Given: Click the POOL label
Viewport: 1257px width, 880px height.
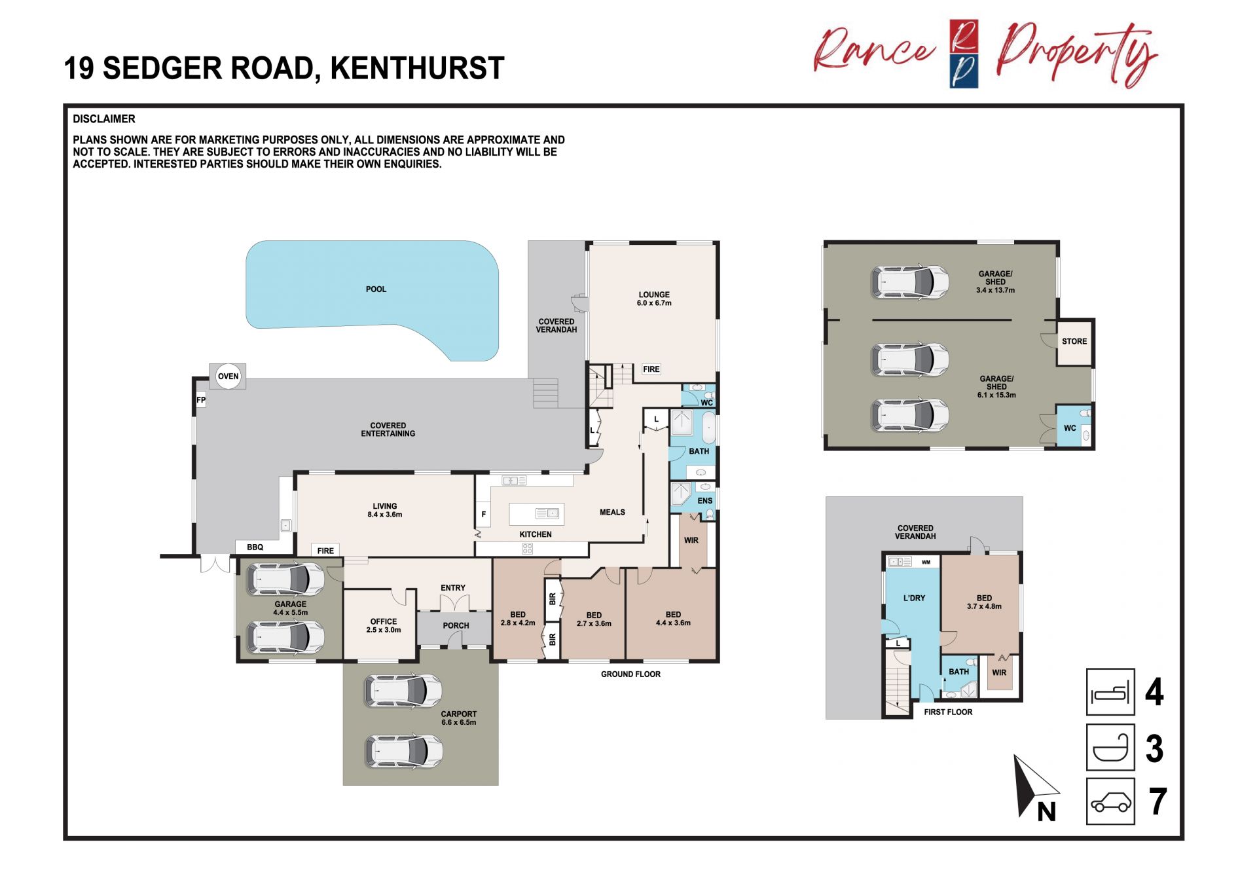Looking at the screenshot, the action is click(x=376, y=289).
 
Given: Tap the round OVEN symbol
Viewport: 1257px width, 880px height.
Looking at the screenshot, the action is click(x=228, y=376).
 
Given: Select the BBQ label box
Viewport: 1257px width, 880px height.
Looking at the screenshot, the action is click(x=255, y=547).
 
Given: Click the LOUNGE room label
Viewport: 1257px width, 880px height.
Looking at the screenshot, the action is click(x=654, y=299).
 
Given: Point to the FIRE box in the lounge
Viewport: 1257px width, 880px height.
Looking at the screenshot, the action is click(x=651, y=369).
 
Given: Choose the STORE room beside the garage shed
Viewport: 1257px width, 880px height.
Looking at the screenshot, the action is click(x=1074, y=342).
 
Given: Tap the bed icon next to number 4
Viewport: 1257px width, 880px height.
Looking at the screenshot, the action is click(x=1110, y=692).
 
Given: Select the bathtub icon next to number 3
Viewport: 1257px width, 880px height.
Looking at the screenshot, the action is click(x=1110, y=747).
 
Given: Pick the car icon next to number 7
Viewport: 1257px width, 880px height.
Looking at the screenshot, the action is click(x=1110, y=801).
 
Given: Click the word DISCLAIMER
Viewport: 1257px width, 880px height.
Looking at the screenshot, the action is click(x=104, y=119).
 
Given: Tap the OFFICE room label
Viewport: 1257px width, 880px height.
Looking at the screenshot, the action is click(x=384, y=626).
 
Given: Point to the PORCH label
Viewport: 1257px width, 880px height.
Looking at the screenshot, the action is click(x=456, y=626).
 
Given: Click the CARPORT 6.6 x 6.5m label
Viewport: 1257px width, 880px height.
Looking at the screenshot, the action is click(x=459, y=718).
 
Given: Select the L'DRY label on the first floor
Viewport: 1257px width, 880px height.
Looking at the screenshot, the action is click(x=914, y=598).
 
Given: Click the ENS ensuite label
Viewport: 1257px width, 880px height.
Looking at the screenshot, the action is click(x=705, y=501).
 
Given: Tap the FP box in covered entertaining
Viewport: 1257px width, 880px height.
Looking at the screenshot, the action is click(x=201, y=400).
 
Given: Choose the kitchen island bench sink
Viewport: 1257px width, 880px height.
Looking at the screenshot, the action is click(x=547, y=513).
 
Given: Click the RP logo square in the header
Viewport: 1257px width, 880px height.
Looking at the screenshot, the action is click(x=964, y=54).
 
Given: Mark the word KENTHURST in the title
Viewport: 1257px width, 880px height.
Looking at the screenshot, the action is click(x=417, y=68).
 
